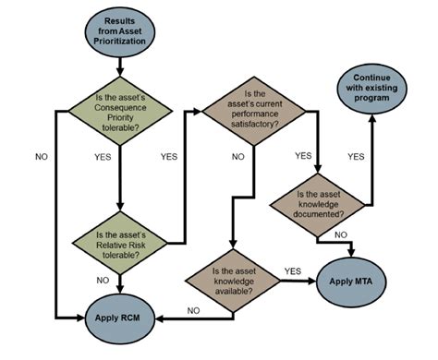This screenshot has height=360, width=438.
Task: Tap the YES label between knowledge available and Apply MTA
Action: tap(292, 270)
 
